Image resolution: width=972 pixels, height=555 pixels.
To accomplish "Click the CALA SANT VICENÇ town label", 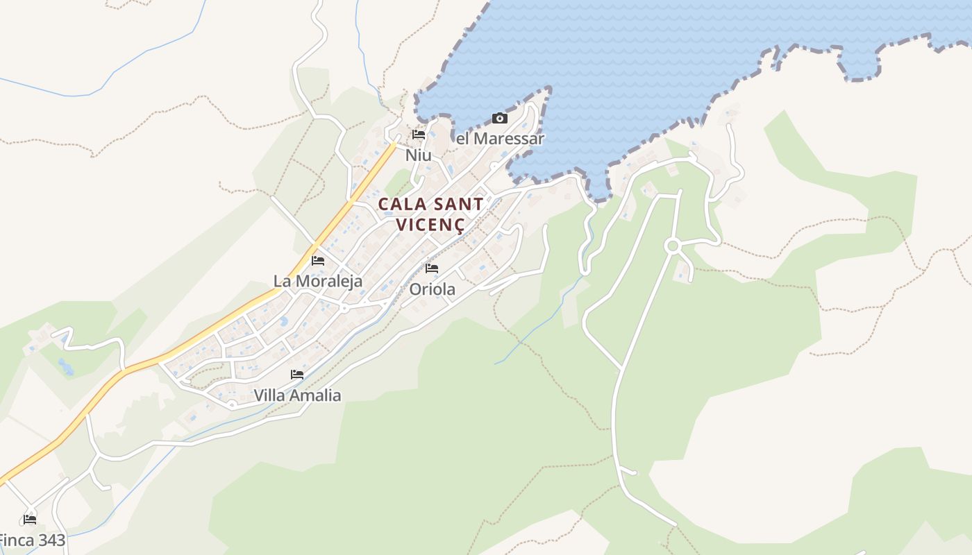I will [430, 214].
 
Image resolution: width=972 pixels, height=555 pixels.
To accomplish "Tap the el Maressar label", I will [500, 139].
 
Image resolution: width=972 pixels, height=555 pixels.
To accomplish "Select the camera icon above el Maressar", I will [500, 119].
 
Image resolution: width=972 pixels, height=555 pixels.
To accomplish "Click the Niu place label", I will [418, 155].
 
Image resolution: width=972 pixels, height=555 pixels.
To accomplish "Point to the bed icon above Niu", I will [418, 135].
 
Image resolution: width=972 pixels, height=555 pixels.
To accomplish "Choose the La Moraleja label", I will [318, 281].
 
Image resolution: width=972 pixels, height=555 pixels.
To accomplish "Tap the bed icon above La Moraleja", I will [318, 261].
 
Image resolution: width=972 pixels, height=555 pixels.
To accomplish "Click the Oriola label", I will [432, 289].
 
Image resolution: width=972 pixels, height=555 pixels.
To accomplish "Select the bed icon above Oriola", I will [432, 268].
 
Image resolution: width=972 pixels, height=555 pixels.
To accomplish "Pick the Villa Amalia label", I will [297, 395].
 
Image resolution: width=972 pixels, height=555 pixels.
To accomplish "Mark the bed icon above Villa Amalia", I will [297, 375].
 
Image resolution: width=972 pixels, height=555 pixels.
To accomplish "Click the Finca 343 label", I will [31, 540].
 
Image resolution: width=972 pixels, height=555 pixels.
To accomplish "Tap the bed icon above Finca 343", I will [29, 519].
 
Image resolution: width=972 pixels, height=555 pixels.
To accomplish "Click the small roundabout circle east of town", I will [671, 246].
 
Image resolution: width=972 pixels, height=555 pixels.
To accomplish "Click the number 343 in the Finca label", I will [51, 540].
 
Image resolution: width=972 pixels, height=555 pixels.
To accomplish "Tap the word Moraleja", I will [329, 281].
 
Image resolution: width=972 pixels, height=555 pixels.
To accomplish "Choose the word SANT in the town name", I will [458, 205].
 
